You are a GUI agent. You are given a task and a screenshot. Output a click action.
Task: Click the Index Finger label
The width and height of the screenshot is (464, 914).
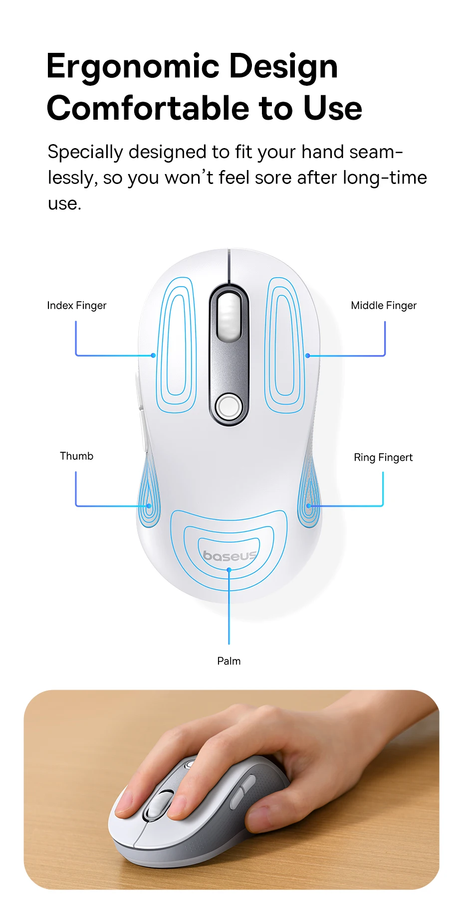[77, 305]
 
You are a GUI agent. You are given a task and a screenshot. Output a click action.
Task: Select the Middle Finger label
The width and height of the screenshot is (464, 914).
[383, 305]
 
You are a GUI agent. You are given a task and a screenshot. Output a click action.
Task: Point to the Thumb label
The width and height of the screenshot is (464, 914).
[76, 456]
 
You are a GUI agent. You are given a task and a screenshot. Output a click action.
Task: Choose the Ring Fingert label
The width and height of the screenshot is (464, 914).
[383, 457]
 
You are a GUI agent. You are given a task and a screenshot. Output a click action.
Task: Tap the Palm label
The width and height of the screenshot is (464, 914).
[229, 661]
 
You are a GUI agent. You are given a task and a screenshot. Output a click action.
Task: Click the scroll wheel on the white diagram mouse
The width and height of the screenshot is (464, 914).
[229, 317]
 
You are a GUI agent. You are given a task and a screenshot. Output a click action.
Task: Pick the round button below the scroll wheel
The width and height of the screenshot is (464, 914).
[229, 406]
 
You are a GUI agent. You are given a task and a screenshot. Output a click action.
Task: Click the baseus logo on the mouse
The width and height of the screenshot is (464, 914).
[230, 555]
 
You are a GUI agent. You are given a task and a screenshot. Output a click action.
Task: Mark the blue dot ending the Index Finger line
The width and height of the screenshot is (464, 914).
[153, 356]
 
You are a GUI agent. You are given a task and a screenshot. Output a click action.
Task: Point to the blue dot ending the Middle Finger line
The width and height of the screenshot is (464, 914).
[308, 356]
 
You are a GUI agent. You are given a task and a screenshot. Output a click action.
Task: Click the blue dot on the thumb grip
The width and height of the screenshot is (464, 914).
[149, 506]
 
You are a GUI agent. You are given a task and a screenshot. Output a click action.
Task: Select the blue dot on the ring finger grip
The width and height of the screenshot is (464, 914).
[309, 506]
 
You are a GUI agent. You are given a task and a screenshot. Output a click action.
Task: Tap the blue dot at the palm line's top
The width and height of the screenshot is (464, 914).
[229, 569]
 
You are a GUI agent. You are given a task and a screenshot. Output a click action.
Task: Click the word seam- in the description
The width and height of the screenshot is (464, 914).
[376, 152]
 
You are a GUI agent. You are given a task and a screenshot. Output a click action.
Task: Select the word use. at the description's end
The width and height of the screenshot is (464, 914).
[64, 203]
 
